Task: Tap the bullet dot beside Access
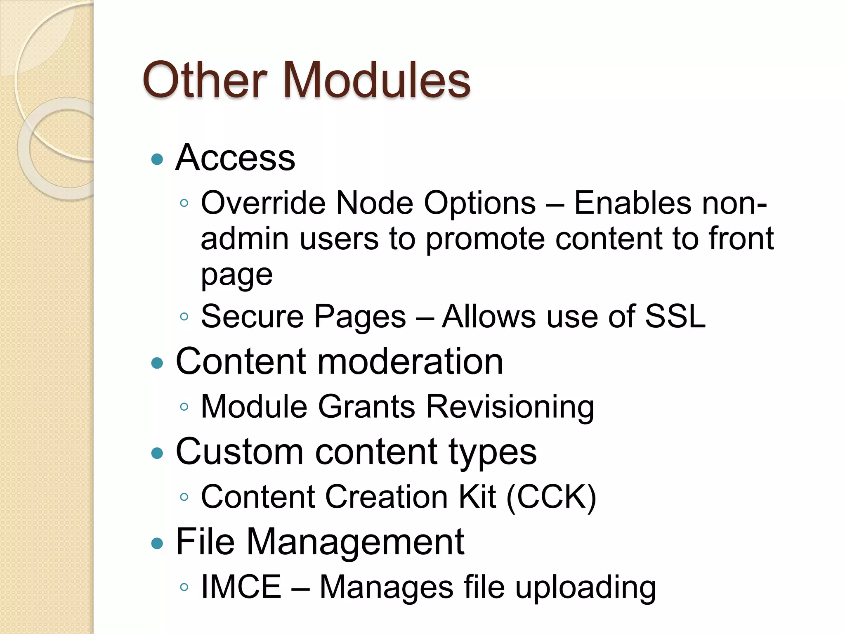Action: [157, 159]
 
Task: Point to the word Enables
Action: [633, 203]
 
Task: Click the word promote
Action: [485, 239]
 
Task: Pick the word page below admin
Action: [237, 275]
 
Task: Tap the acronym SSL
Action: [675, 317]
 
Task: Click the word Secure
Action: [252, 317]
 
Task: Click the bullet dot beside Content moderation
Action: [157, 363]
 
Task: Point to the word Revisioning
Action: [510, 407]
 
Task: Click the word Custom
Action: [240, 452]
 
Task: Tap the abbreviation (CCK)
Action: [551, 497]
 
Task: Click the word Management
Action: [355, 542]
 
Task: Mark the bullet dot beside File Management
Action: [157, 543]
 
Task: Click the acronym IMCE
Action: [241, 587]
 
